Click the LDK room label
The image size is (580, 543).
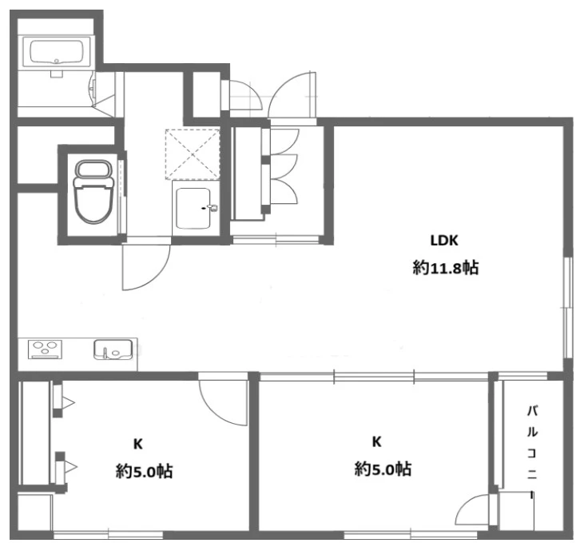click(444, 241)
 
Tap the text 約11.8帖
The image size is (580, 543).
click(445, 267)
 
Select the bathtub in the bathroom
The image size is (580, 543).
click(56, 52)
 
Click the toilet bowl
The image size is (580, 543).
click(93, 191)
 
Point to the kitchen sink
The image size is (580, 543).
click(113, 349)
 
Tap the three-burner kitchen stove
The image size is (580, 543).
click(45, 349)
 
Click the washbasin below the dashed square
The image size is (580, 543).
click(195, 209)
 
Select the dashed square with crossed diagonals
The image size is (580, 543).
click(193, 154)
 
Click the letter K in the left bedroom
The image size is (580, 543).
click(138, 444)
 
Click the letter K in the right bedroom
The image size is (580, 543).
click(376, 441)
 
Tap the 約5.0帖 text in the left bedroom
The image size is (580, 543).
click(145, 471)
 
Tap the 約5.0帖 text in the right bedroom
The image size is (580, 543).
click(383, 469)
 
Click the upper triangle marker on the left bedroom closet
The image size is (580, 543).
click(68, 402)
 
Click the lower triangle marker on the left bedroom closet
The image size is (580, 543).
click(70, 467)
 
